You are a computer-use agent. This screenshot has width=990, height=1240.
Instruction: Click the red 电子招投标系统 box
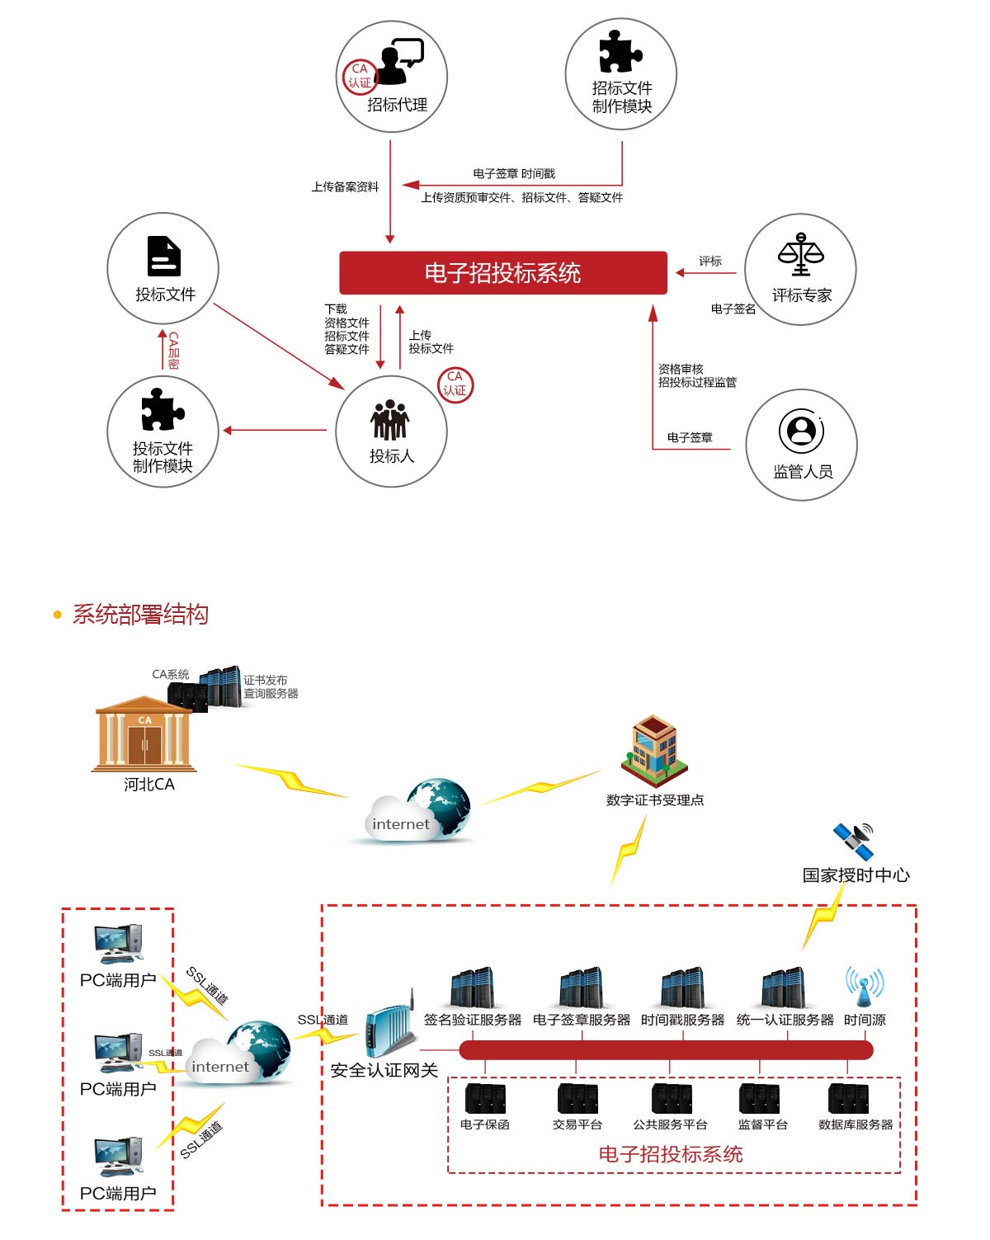[502, 273]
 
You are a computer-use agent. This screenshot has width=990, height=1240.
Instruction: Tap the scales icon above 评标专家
[800, 254]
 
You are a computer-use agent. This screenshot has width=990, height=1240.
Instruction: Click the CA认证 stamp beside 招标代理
[360, 76]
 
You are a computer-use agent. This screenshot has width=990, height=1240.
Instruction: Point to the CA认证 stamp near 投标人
[455, 384]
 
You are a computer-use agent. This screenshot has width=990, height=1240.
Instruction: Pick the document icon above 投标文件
[163, 257]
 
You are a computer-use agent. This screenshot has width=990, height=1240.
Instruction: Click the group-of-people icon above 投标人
[390, 420]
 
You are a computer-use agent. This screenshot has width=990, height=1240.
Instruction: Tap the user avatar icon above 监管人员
[800, 430]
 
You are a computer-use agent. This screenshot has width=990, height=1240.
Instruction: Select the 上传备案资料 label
[345, 187]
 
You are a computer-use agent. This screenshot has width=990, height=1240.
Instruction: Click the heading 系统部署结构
[140, 615]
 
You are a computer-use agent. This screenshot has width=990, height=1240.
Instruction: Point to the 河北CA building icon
[145, 734]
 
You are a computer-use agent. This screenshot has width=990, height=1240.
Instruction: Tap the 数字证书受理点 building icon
[654, 750]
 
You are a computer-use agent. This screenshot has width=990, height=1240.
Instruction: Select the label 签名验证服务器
[472, 1021]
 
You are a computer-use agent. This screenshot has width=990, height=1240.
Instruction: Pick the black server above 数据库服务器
[849, 1099]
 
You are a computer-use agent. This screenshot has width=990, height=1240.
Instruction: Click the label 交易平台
[577, 1124]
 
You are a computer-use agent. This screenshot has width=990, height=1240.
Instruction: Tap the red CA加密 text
[173, 351]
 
